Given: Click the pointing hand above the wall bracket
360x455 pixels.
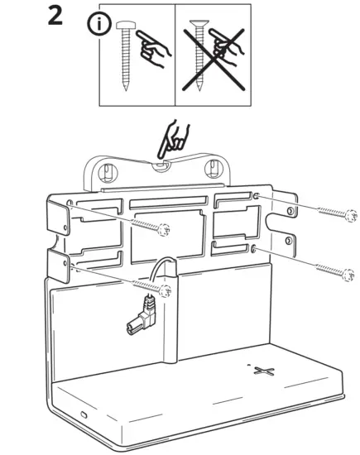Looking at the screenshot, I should coord(176,139).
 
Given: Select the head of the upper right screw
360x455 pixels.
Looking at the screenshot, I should coord(349,213).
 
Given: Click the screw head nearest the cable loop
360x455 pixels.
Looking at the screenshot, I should coord(168,288).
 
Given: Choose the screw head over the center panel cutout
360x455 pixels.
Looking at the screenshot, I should coord(166,229).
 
